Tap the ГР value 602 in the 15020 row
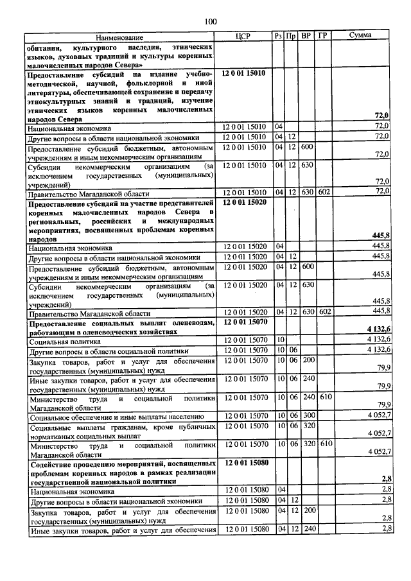[x=324, y=311]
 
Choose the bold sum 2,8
[x=385, y=479]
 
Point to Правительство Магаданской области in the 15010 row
[x=88, y=193]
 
